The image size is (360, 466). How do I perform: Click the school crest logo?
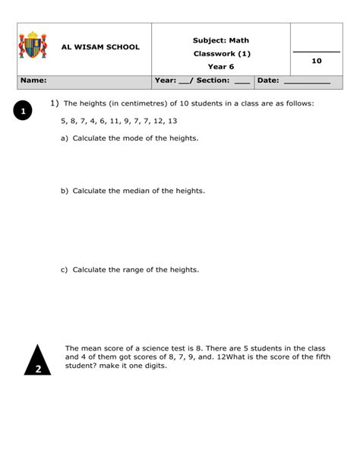click(33, 46)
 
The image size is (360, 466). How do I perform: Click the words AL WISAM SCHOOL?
click(100, 47)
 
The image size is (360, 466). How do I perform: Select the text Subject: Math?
click(221, 40)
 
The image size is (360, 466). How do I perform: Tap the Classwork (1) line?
click(221, 54)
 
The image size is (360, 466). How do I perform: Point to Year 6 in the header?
click(221, 67)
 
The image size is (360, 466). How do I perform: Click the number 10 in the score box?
click(317, 60)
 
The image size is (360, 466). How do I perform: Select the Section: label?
click(213, 80)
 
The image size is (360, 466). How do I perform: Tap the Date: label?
click(268, 80)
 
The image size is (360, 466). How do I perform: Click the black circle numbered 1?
click(24, 112)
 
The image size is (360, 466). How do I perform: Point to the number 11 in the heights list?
click(115, 121)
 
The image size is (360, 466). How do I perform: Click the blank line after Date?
click(307, 81)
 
